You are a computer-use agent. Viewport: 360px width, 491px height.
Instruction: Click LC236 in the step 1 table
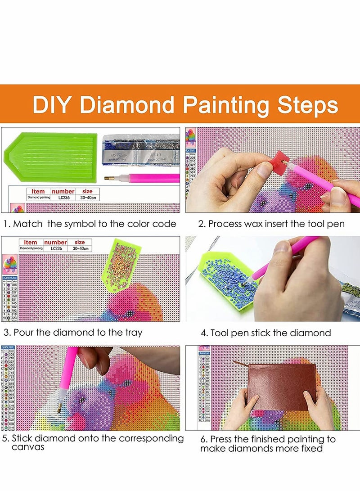pyautogui.click(x=62, y=198)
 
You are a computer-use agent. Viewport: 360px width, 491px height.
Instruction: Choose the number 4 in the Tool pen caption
pyautogui.click(x=204, y=333)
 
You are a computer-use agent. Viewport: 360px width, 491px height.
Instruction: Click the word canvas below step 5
pyautogui.click(x=28, y=447)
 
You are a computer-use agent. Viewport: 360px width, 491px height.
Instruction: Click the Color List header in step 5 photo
pyautogui.click(x=8, y=347)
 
